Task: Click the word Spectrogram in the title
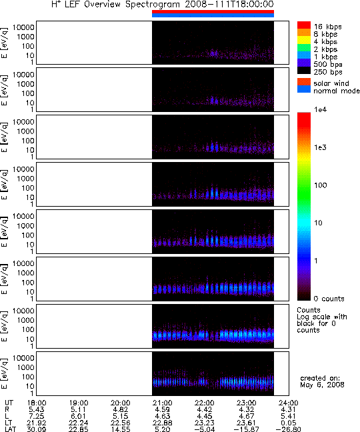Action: coord(153,5)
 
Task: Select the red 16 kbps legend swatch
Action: coord(304,25)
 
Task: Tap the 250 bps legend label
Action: coord(328,72)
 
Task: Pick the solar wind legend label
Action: coord(331,83)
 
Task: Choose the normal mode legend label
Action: coord(337,91)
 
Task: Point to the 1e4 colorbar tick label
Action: coord(321,109)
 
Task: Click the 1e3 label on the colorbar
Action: coord(321,147)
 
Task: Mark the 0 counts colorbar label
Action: coord(329,299)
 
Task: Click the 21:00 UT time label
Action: coord(163,403)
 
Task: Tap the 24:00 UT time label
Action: coord(289,403)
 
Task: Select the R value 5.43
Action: coord(37,410)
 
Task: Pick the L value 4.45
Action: coord(205,416)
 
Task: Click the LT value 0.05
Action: coord(289,423)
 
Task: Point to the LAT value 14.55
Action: coord(121,429)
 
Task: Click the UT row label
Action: coord(9,403)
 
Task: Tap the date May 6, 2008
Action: coord(322,385)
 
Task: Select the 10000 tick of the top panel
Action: coord(23,27)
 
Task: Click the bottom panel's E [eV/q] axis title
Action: coord(5,373)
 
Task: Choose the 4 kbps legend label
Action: coord(325,42)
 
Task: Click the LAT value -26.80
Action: coord(289,429)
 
